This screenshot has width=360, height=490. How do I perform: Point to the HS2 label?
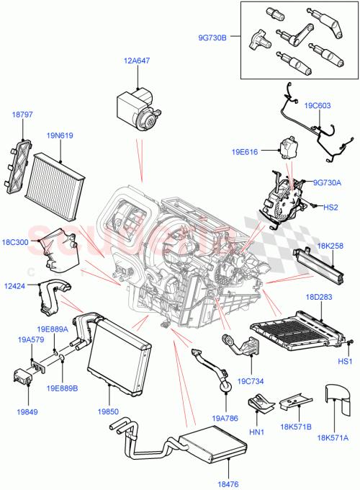click(x=330, y=208)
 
